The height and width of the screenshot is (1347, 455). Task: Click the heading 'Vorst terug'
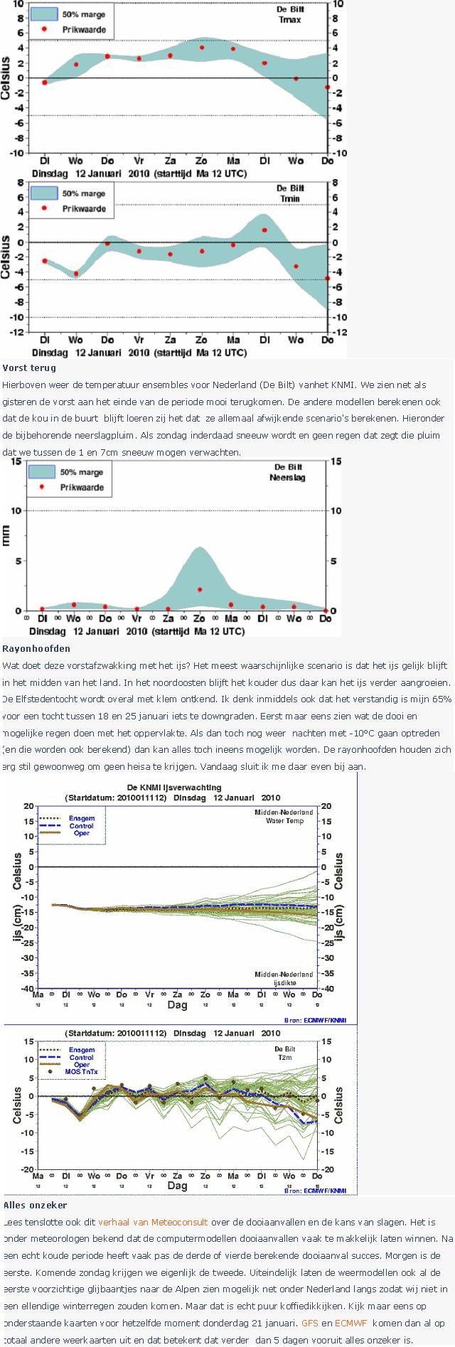(29, 368)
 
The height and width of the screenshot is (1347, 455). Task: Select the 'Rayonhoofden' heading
(36, 648)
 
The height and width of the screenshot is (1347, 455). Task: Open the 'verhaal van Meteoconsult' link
(153, 1222)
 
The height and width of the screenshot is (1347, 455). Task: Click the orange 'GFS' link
(309, 1323)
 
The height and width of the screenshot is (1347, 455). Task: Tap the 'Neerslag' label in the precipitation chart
(287, 478)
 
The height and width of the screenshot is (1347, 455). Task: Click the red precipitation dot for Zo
(200, 590)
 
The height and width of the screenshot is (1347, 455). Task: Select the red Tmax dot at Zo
(202, 48)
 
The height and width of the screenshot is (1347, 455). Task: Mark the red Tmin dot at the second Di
(264, 230)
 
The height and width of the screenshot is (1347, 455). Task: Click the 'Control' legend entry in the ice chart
(81, 826)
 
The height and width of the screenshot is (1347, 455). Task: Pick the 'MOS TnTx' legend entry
(81, 1071)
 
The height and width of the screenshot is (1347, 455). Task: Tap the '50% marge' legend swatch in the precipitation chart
(42, 472)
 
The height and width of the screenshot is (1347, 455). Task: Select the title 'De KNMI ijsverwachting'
(173, 788)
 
